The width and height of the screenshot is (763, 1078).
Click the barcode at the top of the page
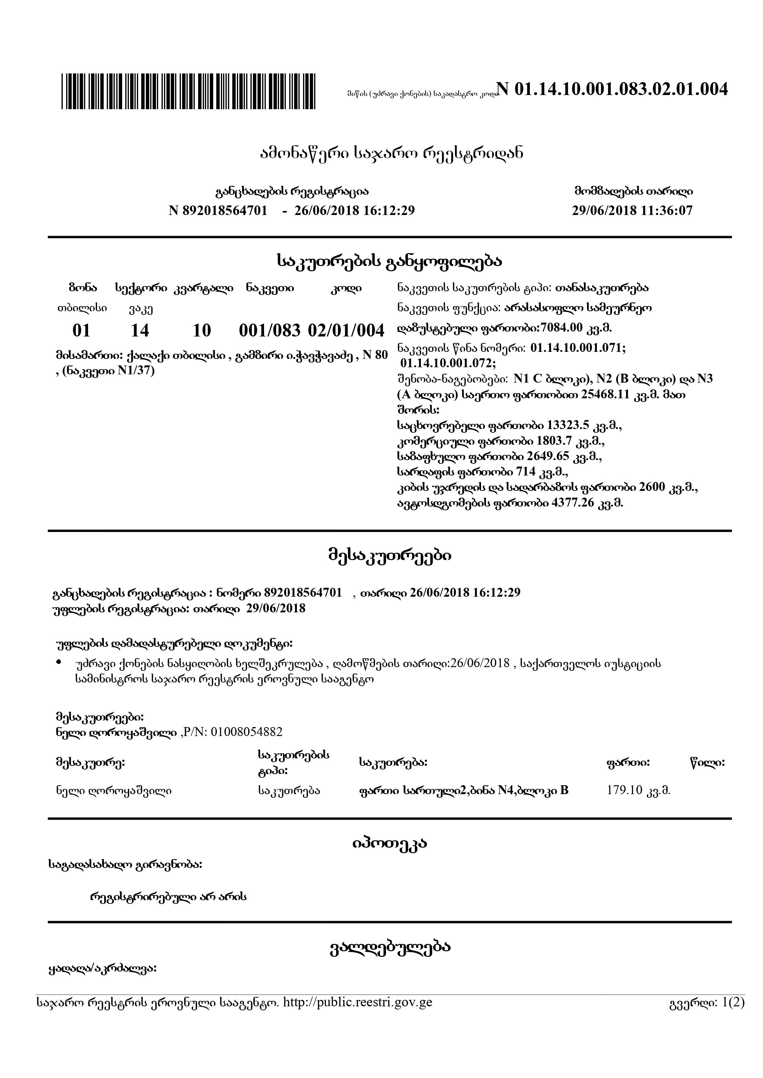(188, 92)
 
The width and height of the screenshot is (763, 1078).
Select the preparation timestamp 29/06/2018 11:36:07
(632, 210)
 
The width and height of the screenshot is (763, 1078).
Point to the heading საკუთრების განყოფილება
(389, 261)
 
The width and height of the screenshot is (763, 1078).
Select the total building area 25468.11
(605, 395)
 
